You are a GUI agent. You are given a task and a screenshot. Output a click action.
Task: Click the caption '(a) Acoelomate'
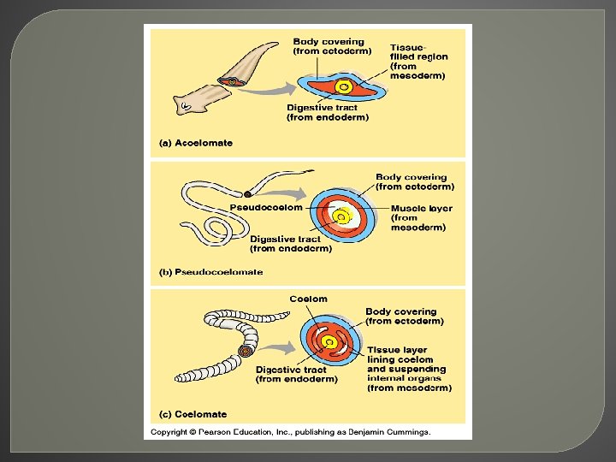(x=196, y=143)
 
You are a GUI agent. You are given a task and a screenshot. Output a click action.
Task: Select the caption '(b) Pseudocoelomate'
(x=211, y=272)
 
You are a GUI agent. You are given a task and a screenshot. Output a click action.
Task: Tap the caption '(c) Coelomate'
(x=192, y=414)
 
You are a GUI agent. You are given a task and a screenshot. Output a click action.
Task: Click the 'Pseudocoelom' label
(x=266, y=207)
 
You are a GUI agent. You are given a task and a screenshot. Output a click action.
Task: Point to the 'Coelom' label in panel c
(x=308, y=299)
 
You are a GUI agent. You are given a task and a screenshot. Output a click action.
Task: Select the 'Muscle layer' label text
(x=422, y=208)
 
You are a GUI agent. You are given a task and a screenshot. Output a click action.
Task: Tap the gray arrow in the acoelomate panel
(x=268, y=90)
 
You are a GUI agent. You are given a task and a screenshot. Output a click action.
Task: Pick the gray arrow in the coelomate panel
(x=277, y=347)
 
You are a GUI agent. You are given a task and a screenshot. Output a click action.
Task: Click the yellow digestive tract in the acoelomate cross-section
(x=344, y=86)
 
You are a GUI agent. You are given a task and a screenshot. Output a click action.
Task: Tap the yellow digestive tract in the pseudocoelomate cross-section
(x=341, y=216)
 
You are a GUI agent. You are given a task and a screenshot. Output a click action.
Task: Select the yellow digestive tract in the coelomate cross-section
(x=329, y=342)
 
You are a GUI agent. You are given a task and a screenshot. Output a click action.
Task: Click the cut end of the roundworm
(x=248, y=194)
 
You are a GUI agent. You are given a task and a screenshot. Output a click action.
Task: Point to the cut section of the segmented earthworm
(x=246, y=351)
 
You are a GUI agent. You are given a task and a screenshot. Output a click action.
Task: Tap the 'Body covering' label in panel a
(x=329, y=42)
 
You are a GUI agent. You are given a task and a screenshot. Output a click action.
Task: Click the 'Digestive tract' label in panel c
(x=291, y=370)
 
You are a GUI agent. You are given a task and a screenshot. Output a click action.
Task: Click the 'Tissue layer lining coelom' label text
(x=400, y=355)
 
